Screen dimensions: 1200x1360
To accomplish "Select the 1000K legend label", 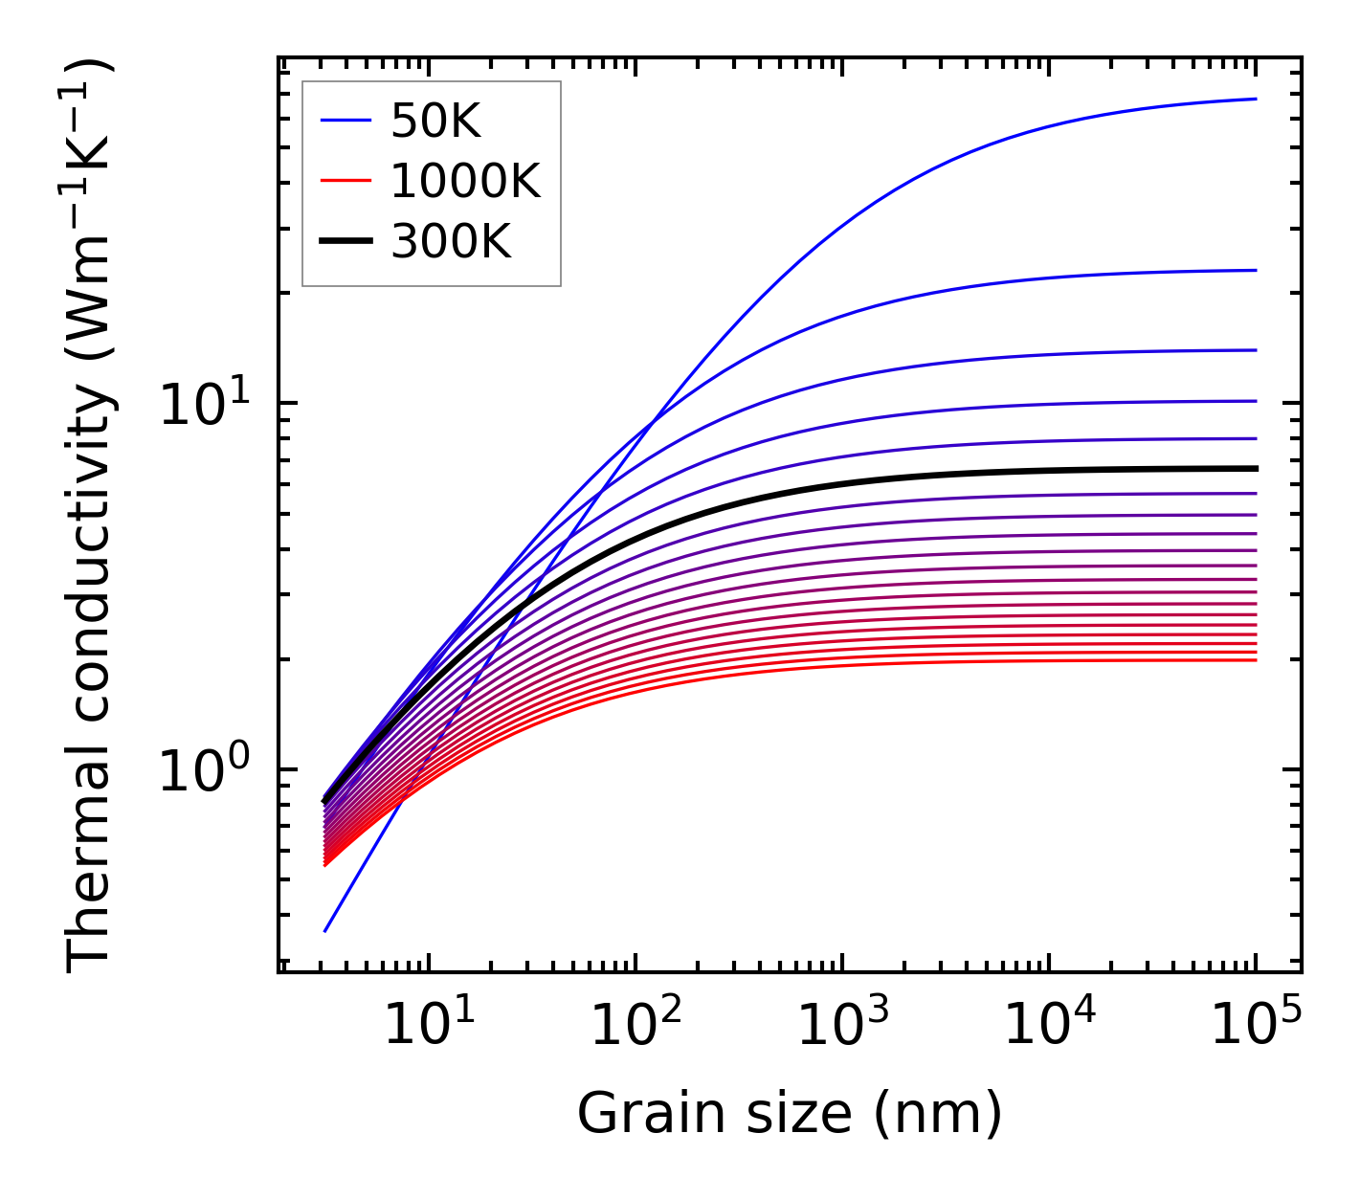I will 465,181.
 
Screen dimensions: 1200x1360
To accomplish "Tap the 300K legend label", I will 451,242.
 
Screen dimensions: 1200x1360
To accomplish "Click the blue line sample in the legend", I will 345,121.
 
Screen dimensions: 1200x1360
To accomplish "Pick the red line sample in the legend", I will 345,181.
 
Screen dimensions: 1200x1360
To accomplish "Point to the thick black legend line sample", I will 345,242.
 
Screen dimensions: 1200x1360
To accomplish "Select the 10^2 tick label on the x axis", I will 635,1026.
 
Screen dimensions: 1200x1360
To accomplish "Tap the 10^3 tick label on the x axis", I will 842,1026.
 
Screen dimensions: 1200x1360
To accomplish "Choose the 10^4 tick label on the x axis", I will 1049,1026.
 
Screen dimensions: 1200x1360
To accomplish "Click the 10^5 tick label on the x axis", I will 1256,1026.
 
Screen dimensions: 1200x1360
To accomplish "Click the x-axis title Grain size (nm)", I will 790,1114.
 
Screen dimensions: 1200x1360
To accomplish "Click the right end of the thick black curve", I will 1255,469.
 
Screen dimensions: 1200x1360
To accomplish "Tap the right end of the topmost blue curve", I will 1255,99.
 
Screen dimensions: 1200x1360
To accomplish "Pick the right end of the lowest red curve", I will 1255,660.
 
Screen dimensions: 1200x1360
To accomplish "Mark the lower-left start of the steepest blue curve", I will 326,930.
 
